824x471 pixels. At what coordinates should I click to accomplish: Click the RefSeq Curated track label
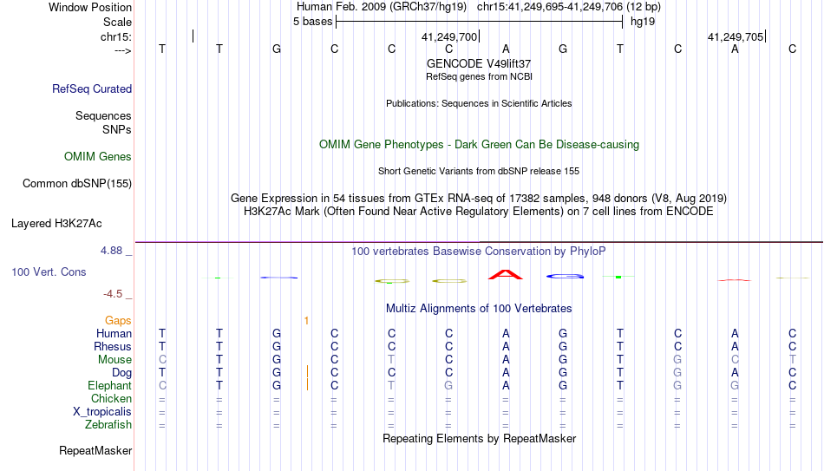[92, 88]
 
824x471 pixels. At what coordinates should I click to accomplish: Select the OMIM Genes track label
[98, 157]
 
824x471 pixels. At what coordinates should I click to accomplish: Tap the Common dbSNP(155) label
[77, 184]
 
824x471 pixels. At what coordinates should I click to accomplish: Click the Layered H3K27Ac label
[56, 224]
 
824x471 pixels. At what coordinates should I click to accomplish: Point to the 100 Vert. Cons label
[49, 271]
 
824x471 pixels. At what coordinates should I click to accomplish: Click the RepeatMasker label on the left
[95, 450]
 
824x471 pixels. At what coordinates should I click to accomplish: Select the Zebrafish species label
[108, 424]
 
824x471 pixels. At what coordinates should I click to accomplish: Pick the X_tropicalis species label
[102, 412]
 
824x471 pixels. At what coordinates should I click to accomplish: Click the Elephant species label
[110, 385]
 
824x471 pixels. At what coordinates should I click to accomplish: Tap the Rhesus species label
[113, 346]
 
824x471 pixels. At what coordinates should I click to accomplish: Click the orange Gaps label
[118, 320]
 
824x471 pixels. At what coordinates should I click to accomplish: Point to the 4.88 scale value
[111, 250]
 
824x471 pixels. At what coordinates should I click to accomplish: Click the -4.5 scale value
[113, 293]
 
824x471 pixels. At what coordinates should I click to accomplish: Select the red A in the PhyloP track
[506, 274]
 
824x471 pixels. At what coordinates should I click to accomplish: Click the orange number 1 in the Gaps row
[306, 320]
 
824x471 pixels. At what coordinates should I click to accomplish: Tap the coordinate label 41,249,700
[449, 36]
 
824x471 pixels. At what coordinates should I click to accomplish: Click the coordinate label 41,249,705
[736, 36]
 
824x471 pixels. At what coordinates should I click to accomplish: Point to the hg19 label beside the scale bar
[643, 22]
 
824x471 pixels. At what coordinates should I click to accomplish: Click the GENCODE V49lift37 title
[479, 63]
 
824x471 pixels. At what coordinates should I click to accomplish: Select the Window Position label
[90, 7]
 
